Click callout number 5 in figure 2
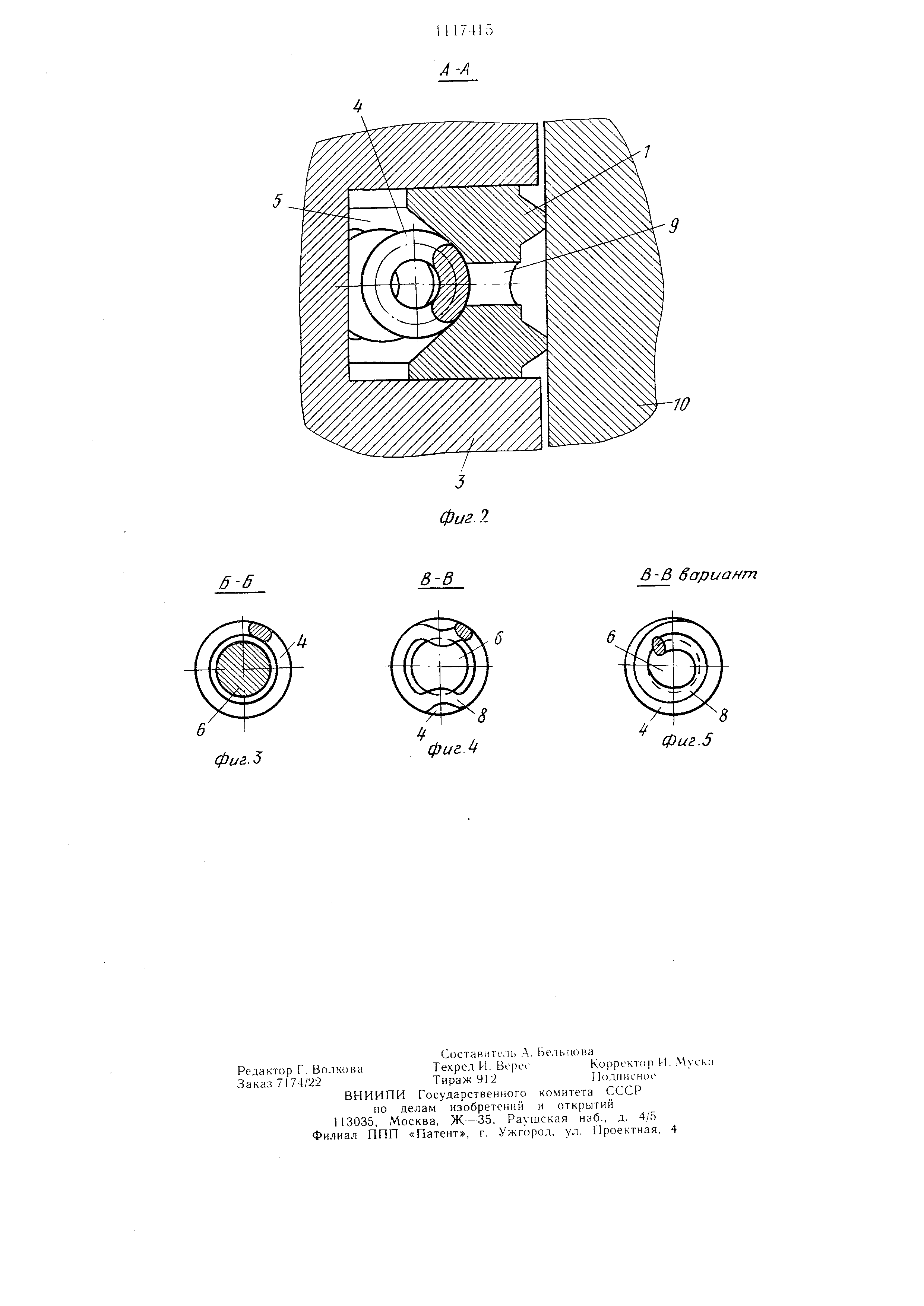pyautogui.click(x=277, y=202)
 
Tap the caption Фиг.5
pyautogui.click(x=687, y=741)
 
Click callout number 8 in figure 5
pyautogui.click(x=723, y=716)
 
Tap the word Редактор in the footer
pyautogui.click(x=264, y=1070)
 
